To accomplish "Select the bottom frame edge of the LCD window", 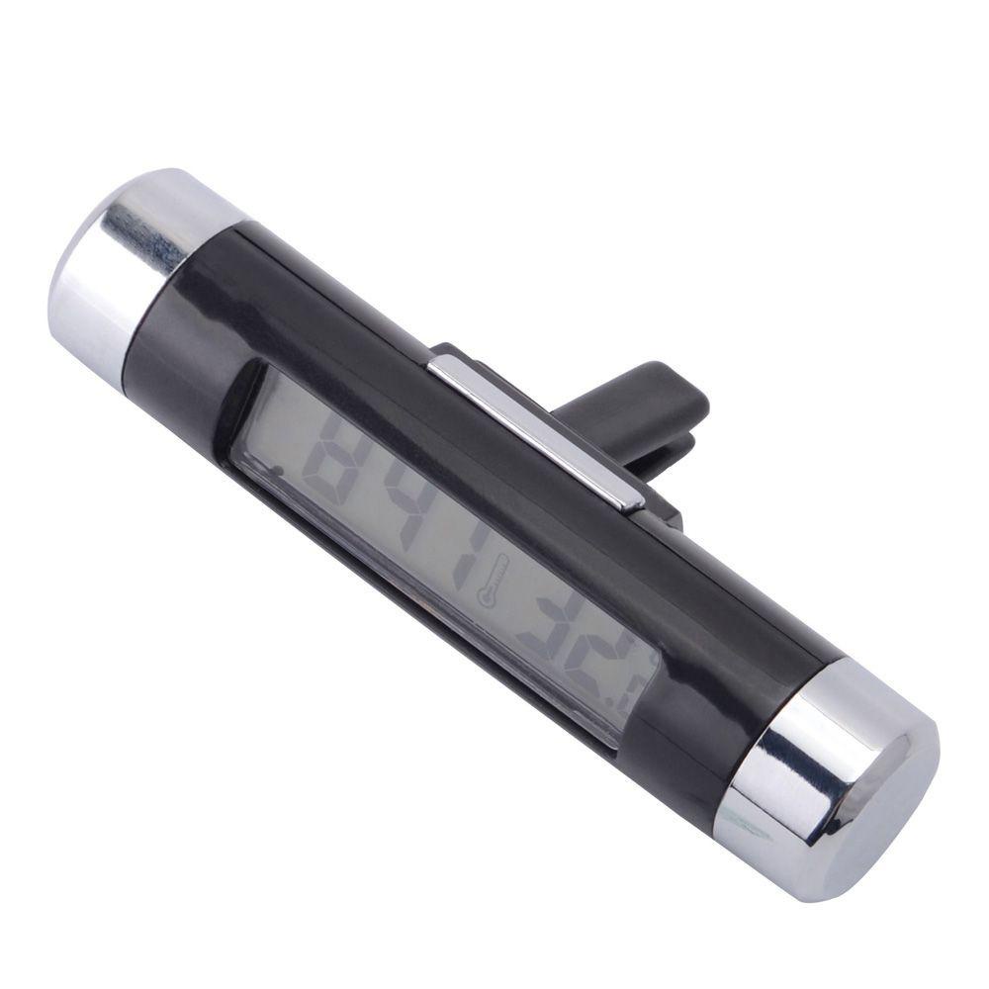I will (x=425, y=633).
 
